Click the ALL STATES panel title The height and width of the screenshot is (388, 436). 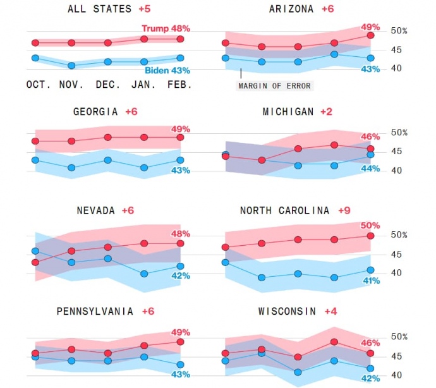point(99,9)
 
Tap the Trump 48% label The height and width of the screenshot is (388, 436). point(166,28)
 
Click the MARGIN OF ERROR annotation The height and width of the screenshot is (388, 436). point(275,85)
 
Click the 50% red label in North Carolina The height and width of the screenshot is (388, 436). point(370,225)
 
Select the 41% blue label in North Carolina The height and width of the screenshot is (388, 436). point(370,281)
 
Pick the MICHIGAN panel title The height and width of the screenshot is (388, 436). point(288,112)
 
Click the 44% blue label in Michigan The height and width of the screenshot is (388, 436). point(370,168)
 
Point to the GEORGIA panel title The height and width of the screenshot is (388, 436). point(95,112)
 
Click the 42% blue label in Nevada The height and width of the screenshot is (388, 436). point(181,276)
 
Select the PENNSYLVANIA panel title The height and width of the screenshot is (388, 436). point(95,311)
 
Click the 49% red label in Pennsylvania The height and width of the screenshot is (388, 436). point(181,332)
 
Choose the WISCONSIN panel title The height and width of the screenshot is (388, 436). point(288,311)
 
